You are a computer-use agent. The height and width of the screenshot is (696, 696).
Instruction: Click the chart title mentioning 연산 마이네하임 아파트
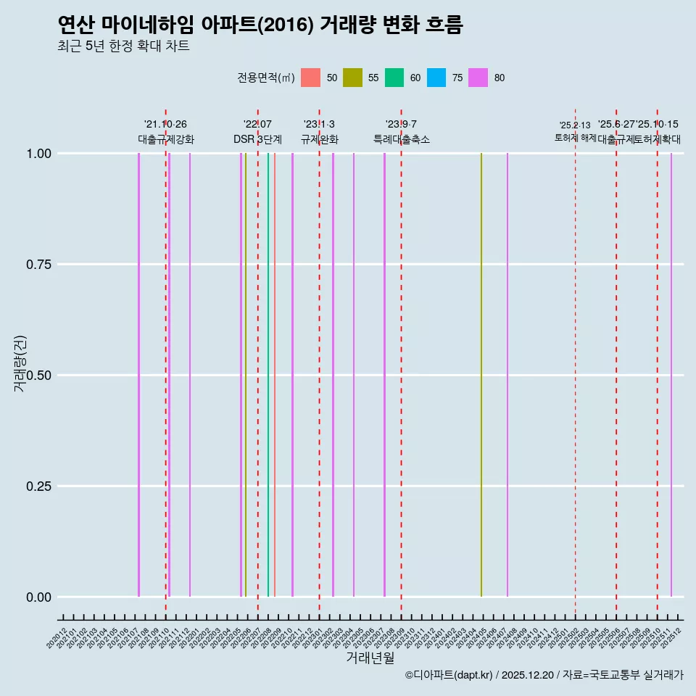[x=260, y=25]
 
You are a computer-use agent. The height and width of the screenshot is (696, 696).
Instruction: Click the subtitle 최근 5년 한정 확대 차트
[x=123, y=46]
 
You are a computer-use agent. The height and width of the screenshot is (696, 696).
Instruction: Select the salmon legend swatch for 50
[x=310, y=78]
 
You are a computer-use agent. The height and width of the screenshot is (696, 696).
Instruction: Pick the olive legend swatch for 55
[x=352, y=78]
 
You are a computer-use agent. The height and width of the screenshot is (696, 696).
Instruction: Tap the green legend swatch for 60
[x=394, y=78]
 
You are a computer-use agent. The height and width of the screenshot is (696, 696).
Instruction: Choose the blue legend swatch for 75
[x=436, y=78]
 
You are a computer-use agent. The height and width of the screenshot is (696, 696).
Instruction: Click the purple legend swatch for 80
[x=478, y=78]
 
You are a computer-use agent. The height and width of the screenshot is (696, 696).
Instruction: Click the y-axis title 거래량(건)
[x=20, y=362]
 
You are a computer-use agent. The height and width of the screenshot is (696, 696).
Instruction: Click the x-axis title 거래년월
[x=370, y=658]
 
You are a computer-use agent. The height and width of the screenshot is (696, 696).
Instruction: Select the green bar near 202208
[x=268, y=375]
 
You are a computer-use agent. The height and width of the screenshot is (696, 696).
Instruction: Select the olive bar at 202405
[x=481, y=375]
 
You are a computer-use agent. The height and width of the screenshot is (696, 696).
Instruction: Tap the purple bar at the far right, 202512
[x=671, y=375]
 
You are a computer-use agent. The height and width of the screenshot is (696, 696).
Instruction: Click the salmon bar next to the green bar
[x=275, y=375]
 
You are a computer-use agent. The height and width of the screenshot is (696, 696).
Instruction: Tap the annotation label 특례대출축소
[x=401, y=139]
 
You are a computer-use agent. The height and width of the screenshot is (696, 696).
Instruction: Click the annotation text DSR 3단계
[x=257, y=139]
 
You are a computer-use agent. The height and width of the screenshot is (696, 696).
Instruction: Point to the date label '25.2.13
[x=575, y=125]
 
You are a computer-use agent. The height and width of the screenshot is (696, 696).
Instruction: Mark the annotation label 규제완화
[x=319, y=139]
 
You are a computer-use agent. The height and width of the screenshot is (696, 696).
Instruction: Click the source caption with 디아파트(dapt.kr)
[x=544, y=675]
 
